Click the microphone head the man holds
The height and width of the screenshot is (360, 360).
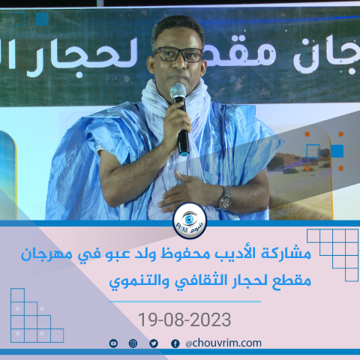click(178, 91)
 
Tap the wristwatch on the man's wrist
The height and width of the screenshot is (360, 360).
click(225, 198)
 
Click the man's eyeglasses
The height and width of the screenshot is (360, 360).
click(178, 55)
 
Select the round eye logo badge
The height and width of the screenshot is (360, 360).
click(190, 220)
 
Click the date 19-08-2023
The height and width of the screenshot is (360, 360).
click(184, 319)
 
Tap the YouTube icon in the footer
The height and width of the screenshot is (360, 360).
click(113, 343)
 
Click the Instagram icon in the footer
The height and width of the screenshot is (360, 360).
click(133, 343)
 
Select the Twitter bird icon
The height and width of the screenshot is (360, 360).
click(154, 343)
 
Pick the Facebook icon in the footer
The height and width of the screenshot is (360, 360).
click(175, 343)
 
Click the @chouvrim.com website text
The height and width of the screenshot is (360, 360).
click(223, 343)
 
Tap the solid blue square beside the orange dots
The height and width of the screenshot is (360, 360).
click(337, 151)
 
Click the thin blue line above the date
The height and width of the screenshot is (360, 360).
click(185, 301)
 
